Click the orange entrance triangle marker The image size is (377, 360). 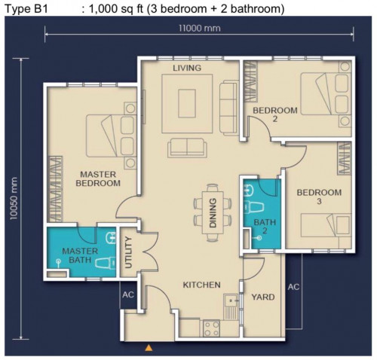point(149,348)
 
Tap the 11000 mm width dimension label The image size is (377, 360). point(200,28)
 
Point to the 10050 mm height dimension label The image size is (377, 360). point(14,198)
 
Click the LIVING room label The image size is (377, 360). point(187,68)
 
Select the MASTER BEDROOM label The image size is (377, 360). point(98,178)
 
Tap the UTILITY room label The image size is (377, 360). point(128,252)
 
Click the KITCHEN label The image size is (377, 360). point(201,285)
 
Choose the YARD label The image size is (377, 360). point(263,297)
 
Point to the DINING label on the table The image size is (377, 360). point(213,213)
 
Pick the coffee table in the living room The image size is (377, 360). point(187,103)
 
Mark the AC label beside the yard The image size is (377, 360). point(293,287)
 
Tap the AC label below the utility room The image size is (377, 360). point(128,294)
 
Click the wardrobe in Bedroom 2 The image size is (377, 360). point(251,81)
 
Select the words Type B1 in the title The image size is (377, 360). point(26,9)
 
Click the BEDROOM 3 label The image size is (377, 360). point(319,197)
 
